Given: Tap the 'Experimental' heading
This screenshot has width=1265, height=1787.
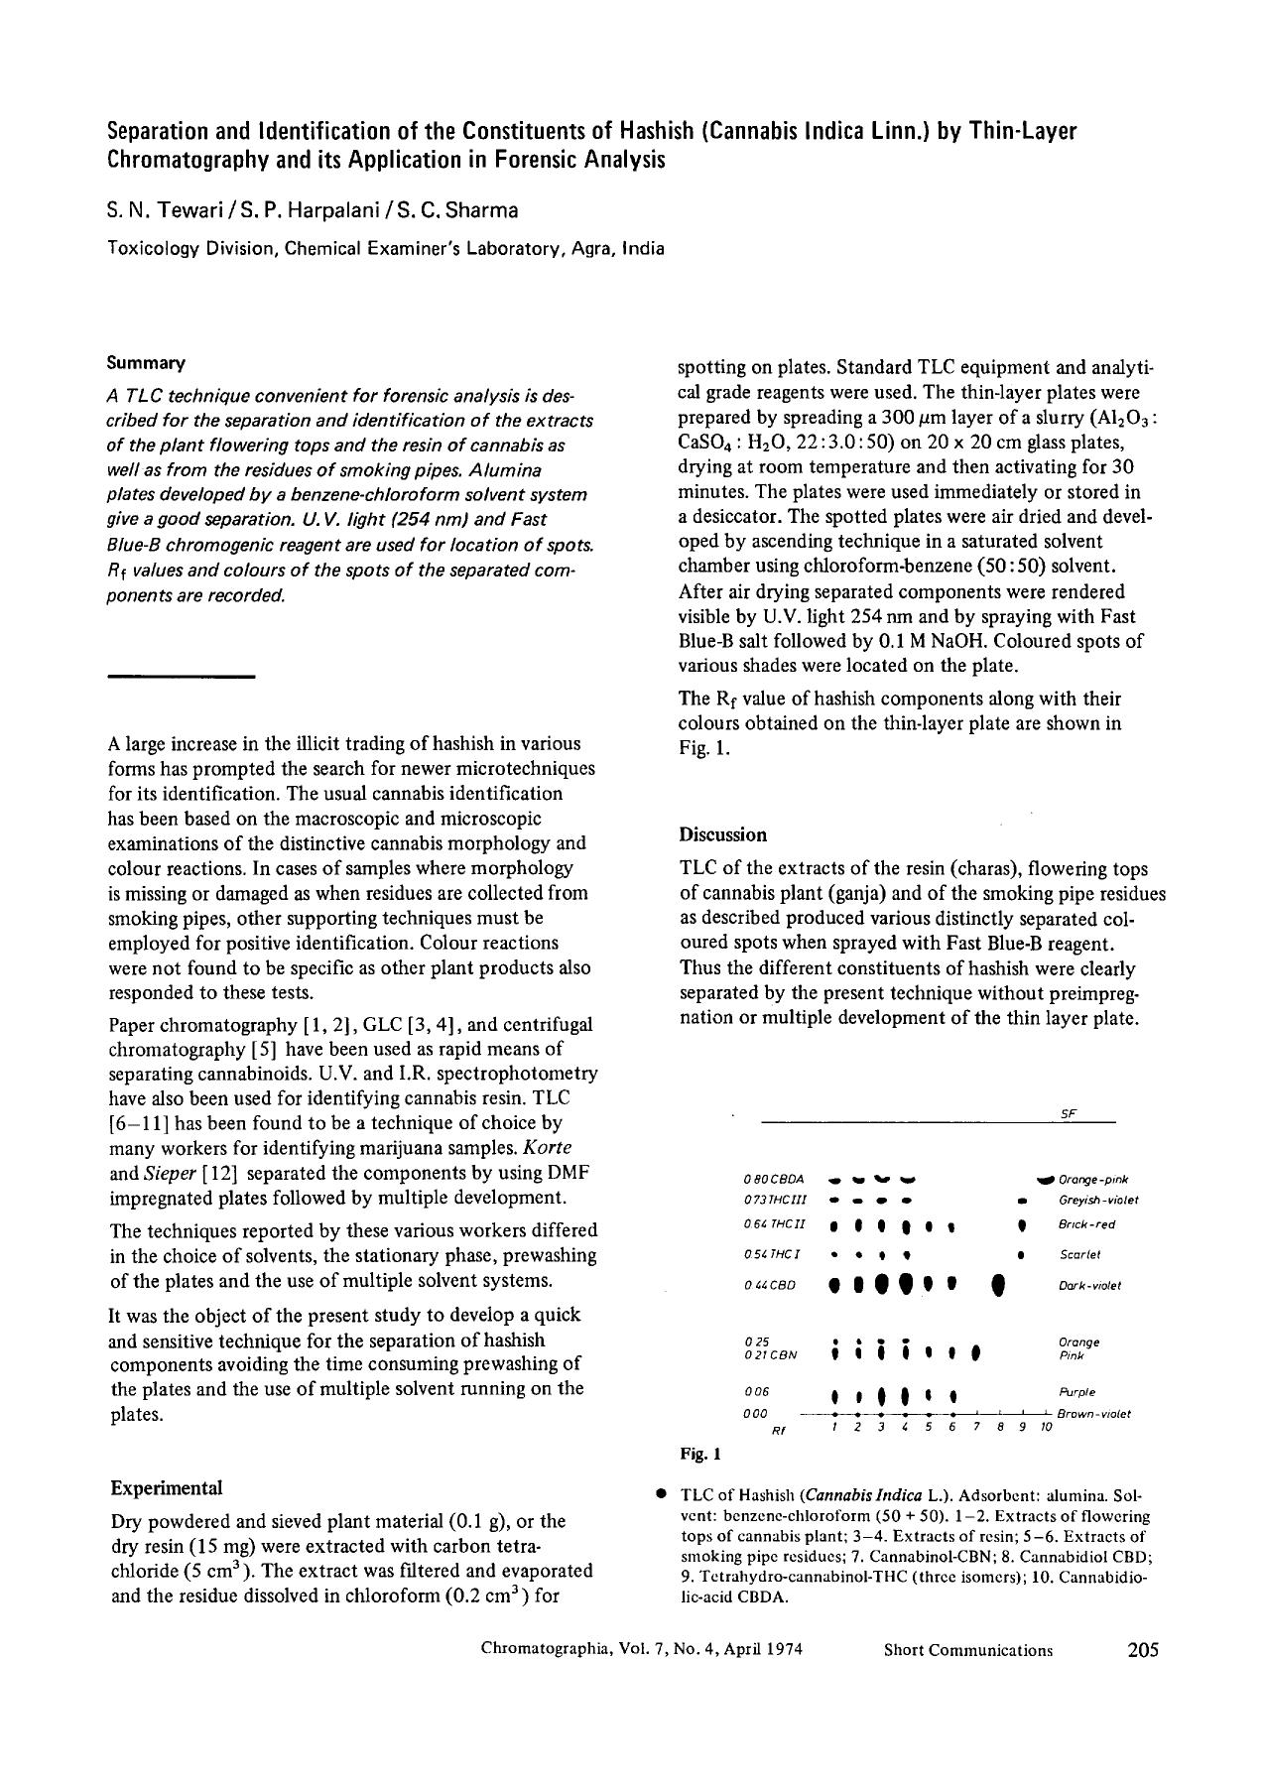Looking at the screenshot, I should tap(166, 1487).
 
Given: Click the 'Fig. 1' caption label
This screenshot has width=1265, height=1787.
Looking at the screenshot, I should tap(699, 1454).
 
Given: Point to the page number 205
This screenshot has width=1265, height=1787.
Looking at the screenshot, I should tap(1142, 1649).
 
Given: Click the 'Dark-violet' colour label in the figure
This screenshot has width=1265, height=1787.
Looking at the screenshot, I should tap(1089, 1286).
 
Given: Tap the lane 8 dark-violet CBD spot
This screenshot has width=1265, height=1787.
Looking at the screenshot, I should tap(999, 1286).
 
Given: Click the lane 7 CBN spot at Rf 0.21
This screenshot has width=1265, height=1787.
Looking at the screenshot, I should tap(976, 1352).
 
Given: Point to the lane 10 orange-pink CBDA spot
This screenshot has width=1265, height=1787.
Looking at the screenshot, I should tap(1045, 1180).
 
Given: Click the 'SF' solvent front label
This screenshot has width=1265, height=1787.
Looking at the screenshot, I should tap(1068, 1114).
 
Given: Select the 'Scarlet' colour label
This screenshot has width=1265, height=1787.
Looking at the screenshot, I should tap(1079, 1254).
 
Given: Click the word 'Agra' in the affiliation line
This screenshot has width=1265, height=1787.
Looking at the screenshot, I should tap(594, 248).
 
